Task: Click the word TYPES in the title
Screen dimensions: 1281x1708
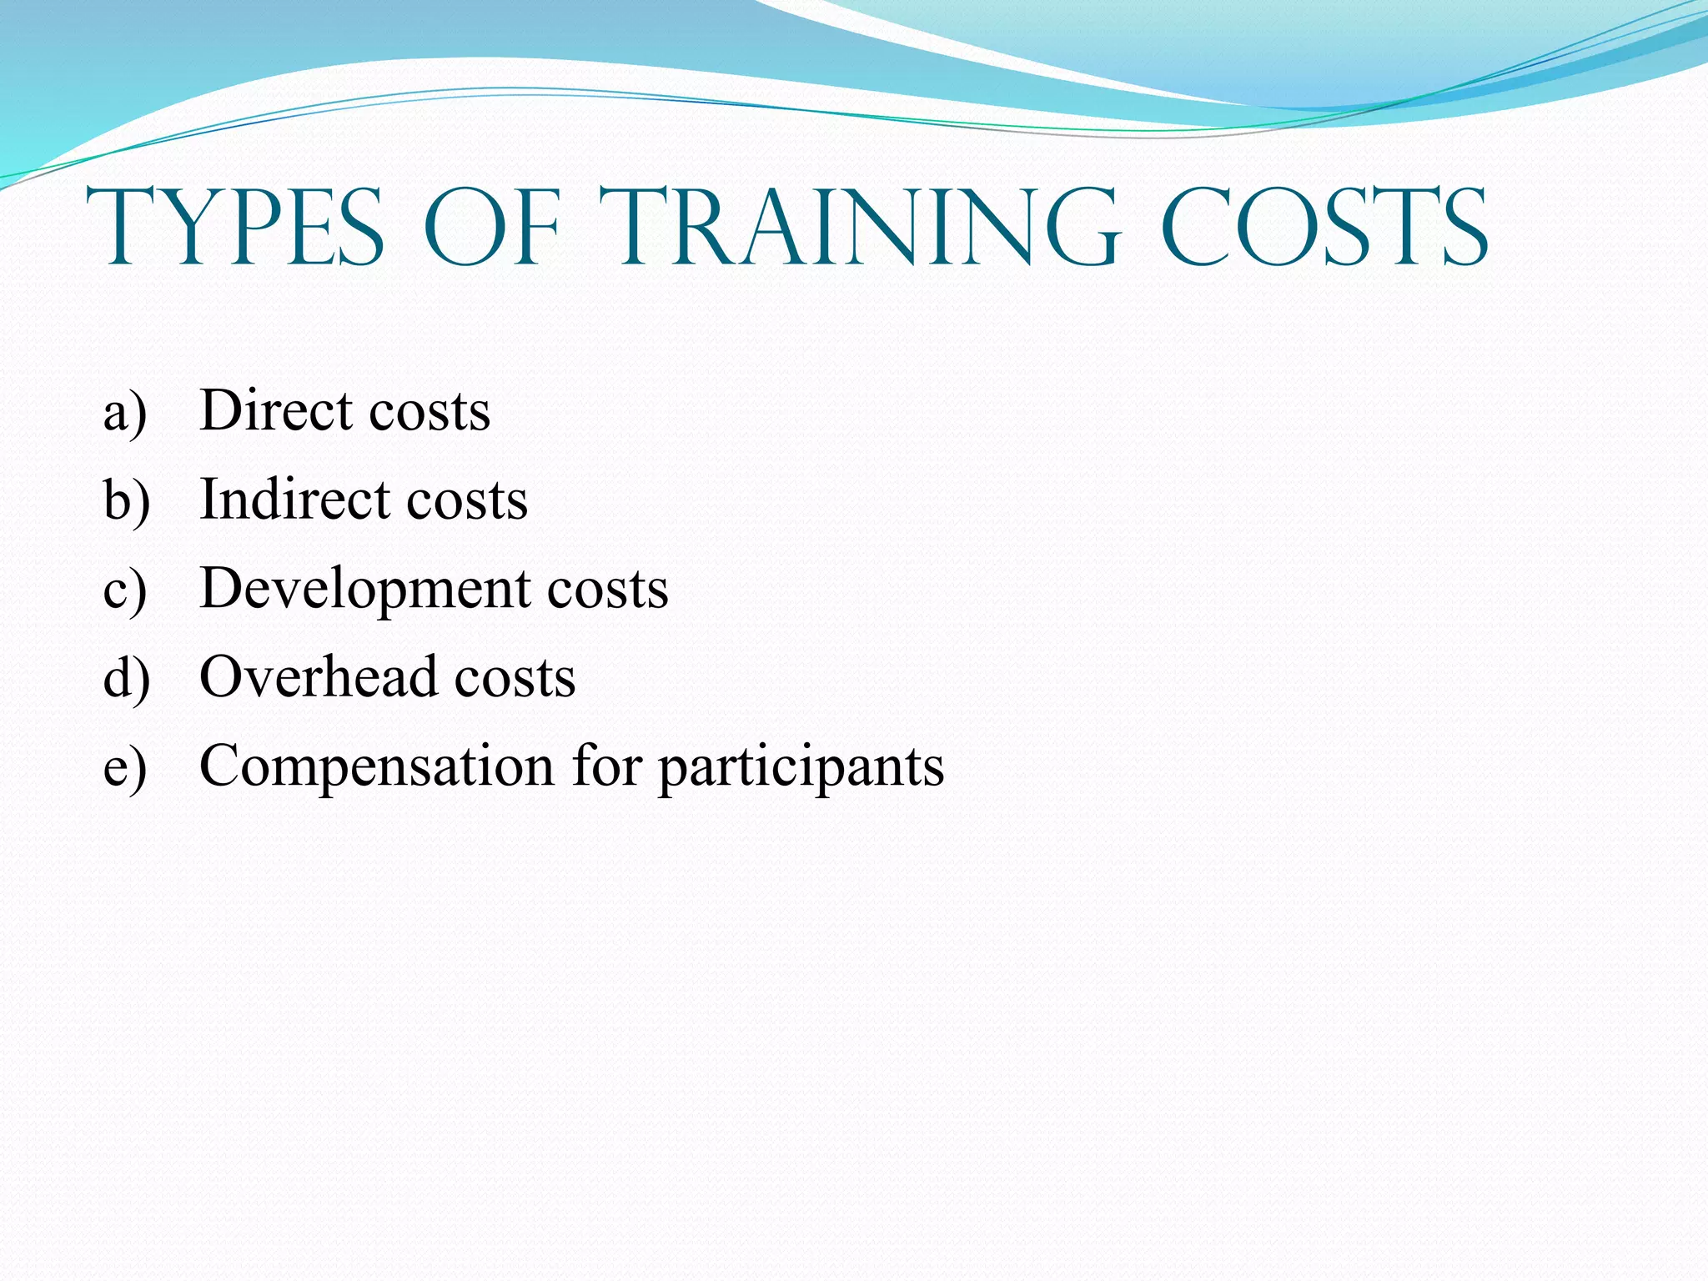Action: [x=235, y=228]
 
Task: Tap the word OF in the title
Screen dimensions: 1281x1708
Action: [x=492, y=228]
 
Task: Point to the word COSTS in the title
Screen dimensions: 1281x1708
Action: [x=1324, y=228]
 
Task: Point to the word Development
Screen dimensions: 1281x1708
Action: [x=365, y=590]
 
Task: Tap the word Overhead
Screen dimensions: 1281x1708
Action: [x=319, y=676]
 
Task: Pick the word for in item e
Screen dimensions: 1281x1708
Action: [x=607, y=765]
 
